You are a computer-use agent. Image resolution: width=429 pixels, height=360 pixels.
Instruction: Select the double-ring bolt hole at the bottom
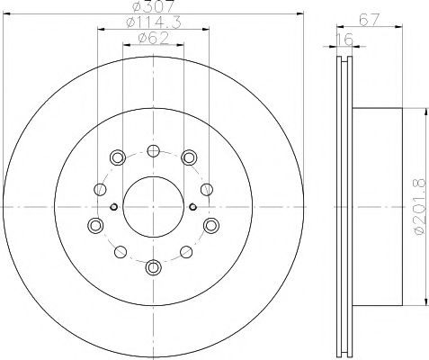tap(153, 266)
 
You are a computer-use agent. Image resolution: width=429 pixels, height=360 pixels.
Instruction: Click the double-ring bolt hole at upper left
tap(117, 158)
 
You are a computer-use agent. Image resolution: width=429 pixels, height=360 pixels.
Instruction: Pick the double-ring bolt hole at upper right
tap(189, 158)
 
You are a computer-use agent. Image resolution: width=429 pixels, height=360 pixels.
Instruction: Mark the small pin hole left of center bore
tap(112, 207)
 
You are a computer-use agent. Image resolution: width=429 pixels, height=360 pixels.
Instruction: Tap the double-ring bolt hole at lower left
tap(95, 225)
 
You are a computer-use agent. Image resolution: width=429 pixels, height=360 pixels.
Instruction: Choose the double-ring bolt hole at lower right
tap(210, 225)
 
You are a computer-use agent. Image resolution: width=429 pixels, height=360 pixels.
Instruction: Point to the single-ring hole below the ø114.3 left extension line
tap(97, 188)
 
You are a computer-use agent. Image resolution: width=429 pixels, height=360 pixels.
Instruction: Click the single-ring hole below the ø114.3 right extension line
tap(208, 188)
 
